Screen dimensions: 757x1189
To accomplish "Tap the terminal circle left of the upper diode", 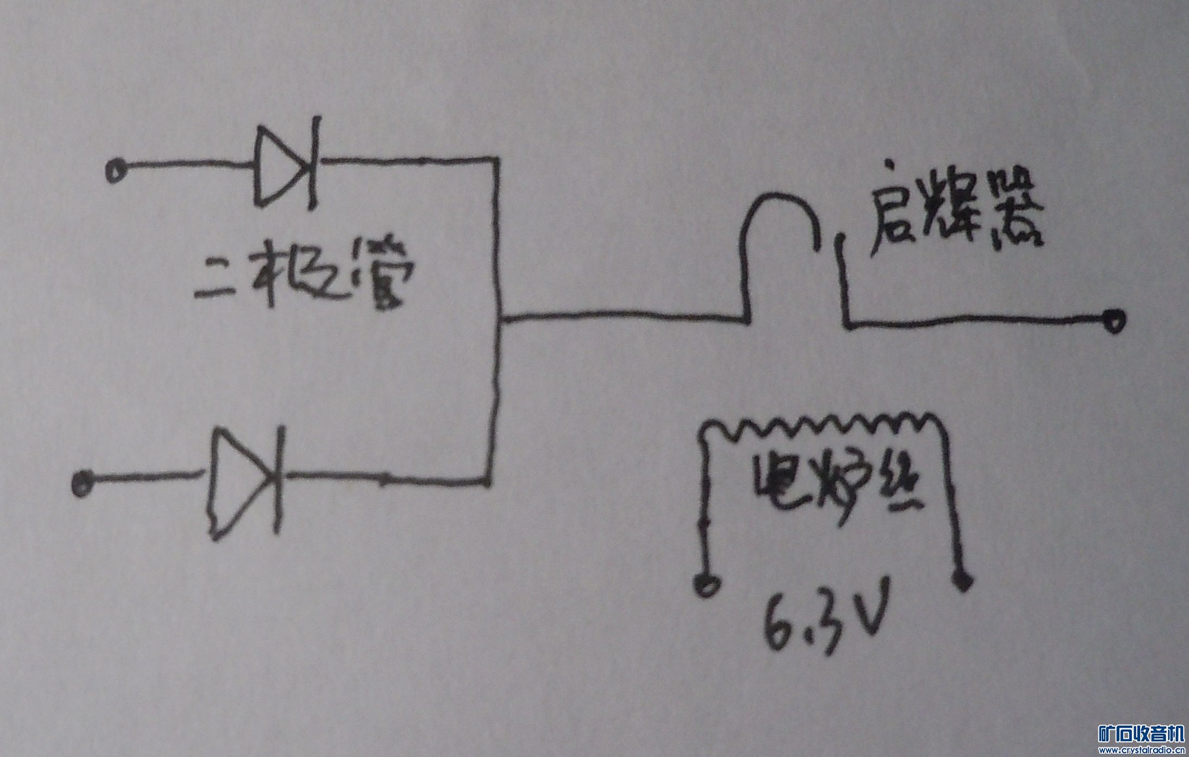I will (x=115, y=172).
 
